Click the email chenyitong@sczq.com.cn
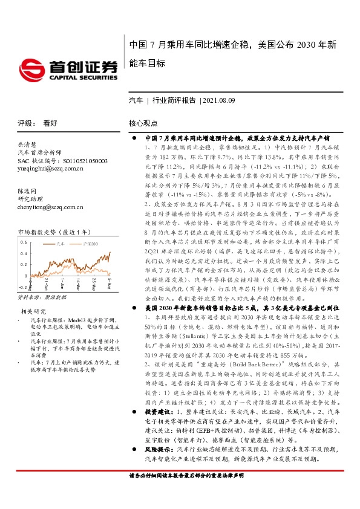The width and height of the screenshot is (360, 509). [x=50, y=207]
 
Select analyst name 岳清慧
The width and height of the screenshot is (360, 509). [x=27, y=145]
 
